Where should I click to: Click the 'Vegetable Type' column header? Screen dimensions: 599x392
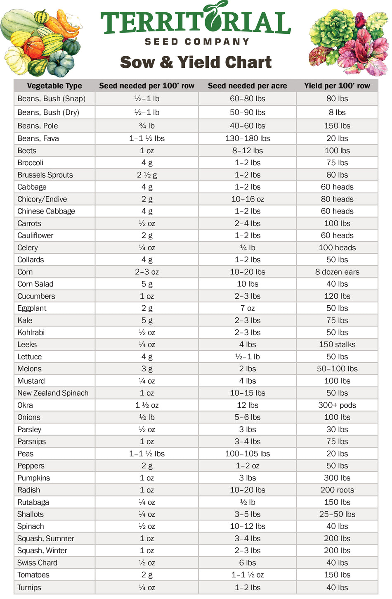[54, 86]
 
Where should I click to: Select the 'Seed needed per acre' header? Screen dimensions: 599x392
[247, 86]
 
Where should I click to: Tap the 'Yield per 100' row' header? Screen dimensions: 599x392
[337, 86]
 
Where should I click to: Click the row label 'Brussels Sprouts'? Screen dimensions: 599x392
[45, 175]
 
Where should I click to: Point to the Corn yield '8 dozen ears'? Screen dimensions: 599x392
[337, 272]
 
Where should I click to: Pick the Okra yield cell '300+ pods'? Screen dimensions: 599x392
[337, 405]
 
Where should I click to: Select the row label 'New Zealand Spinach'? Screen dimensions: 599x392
[53, 393]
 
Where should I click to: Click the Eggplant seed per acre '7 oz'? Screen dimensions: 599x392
[247, 308]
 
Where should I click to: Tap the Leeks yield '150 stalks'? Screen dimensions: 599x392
[337, 345]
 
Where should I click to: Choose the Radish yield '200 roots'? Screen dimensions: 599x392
[337, 490]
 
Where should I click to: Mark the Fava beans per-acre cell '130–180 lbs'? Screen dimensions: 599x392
[247, 138]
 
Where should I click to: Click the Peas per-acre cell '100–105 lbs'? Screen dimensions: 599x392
[247, 454]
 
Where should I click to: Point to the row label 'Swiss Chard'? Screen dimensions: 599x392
[37, 563]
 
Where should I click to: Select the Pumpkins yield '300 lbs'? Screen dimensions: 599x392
[337, 478]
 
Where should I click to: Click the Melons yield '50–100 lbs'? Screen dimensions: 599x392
[337, 368]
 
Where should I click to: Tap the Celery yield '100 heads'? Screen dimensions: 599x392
[337, 247]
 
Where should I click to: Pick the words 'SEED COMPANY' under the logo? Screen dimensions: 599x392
[197, 42]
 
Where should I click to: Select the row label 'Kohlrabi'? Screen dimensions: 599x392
[31, 333]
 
